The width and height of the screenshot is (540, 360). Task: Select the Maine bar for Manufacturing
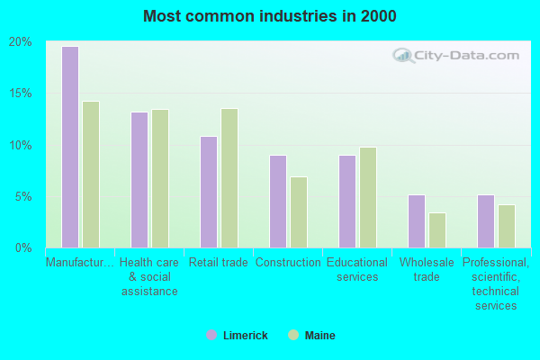coord(91,175)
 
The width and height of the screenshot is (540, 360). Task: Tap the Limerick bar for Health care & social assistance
coord(139,180)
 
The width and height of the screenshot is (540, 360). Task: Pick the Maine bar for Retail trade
coord(229,178)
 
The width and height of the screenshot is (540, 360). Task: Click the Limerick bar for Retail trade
coord(208,192)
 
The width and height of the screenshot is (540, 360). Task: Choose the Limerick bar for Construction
coord(277,202)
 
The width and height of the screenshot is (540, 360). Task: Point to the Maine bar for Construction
coord(299,212)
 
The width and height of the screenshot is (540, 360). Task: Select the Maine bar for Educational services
coord(368,197)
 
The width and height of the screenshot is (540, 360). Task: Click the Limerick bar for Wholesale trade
coord(416,221)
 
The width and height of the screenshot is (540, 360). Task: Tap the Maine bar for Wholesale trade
coord(437,230)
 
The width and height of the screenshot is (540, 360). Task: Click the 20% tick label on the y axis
coord(20,41)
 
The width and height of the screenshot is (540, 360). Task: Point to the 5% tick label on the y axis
coord(22,196)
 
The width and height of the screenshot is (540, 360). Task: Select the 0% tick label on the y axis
coord(22,247)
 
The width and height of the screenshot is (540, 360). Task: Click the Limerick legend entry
coord(237,336)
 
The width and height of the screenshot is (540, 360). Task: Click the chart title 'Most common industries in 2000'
coord(269,16)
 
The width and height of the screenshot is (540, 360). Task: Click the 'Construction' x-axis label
coord(288,263)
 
